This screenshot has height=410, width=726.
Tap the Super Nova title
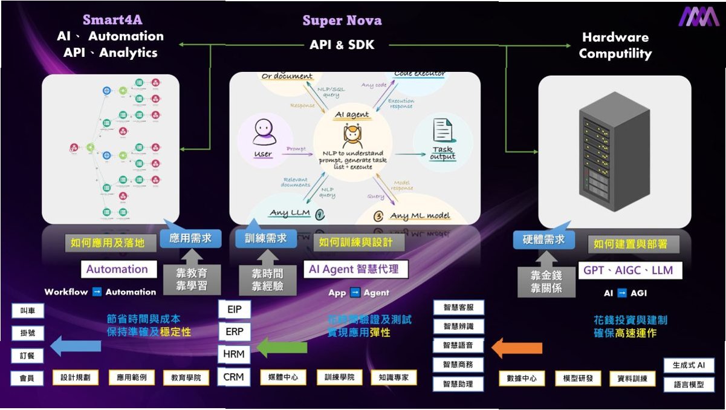click(x=342, y=21)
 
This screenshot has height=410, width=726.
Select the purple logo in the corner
click(x=698, y=16)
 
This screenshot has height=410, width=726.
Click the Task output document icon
click(x=442, y=138)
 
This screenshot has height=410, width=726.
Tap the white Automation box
click(x=117, y=270)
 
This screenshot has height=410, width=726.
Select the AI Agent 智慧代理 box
click(x=354, y=269)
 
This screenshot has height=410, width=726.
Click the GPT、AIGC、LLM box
click(x=628, y=270)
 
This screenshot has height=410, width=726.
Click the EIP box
click(x=235, y=310)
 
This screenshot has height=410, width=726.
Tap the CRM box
click(x=234, y=377)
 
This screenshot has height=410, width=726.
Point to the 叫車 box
click(x=27, y=311)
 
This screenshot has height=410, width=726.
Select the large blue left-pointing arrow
click(x=76, y=346)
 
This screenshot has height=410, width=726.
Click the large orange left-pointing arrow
click(x=516, y=348)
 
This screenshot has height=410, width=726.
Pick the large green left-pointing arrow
click(x=282, y=347)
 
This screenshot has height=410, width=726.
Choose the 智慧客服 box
click(x=458, y=307)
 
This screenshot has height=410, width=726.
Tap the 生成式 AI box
click(x=689, y=365)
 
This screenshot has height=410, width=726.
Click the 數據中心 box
click(x=522, y=379)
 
